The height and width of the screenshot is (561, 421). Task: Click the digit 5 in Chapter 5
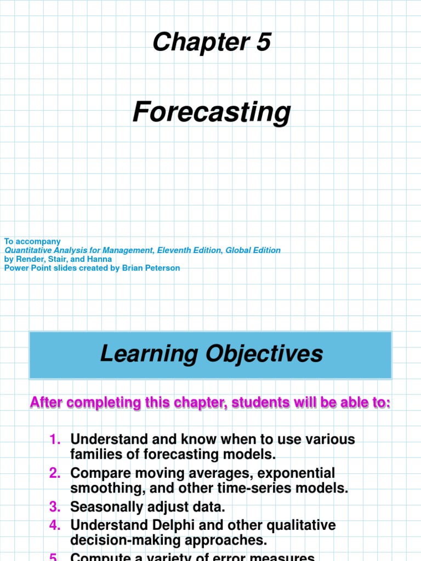[x=263, y=42]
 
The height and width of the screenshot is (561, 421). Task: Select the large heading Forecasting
[x=211, y=112]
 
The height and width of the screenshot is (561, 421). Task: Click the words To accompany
[x=32, y=241]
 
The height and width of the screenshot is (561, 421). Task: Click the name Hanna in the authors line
[x=100, y=259]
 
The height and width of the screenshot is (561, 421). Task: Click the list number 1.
[x=55, y=439]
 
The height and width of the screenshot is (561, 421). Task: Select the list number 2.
[x=55, y=473]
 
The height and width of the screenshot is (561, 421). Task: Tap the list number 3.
[x=55, y=507]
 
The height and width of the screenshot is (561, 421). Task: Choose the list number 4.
[x=55, y=525]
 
